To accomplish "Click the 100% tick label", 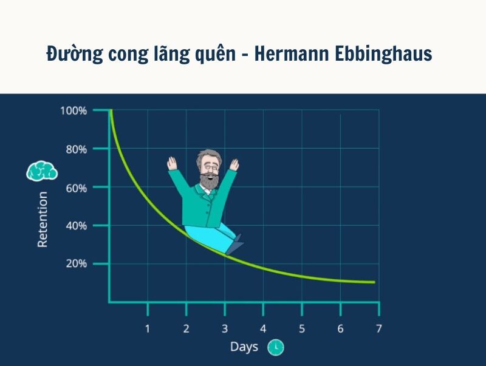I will [74, 111].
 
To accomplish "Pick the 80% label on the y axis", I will [75, 149].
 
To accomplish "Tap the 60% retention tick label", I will [75, 188].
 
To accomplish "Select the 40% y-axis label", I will [75, 226].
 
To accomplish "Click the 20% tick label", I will [75, 264].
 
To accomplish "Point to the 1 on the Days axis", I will [147, 328].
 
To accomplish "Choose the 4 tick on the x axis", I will [263, 328].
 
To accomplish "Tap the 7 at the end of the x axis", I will [378, 328].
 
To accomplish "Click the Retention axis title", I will [43, 219].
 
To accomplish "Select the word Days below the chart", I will [244, 347].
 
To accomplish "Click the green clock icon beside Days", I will [276, 347].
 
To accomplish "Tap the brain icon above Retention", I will [41, 171].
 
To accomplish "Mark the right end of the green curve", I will [374, 282].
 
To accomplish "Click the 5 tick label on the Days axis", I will [301, 328].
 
